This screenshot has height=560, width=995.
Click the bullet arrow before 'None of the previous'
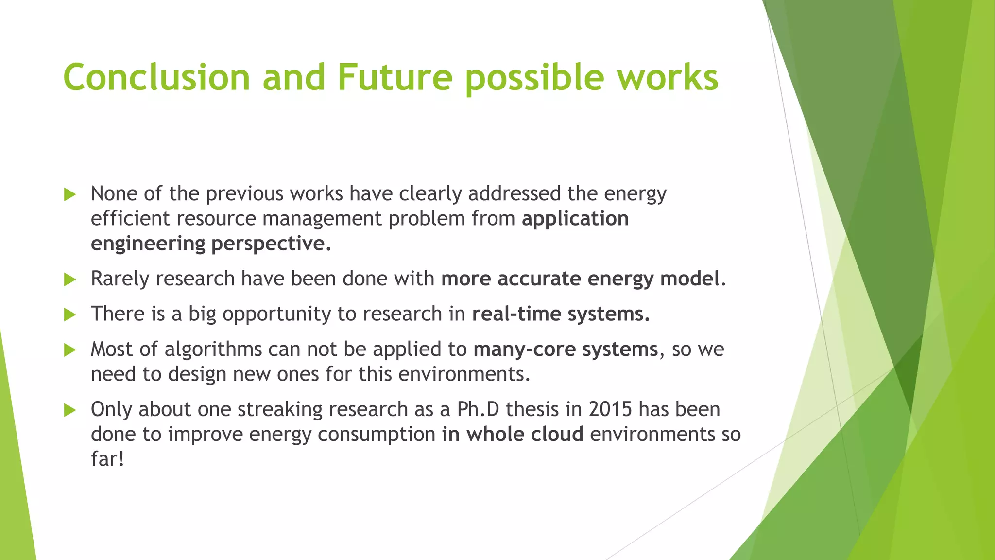click(x=70, y=195)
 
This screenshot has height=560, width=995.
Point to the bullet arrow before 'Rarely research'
click(x=70, y=280)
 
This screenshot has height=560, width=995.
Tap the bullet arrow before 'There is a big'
click(x=70, y=315)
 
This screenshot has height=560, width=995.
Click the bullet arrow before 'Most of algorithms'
click(x=70, y=350)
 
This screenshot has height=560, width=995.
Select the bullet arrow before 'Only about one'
click(x=70, y=411)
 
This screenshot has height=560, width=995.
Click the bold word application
click(x=575, y=219)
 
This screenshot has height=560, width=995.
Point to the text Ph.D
click(x=478, y=409)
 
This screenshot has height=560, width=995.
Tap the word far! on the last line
click(x=107, y=459)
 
